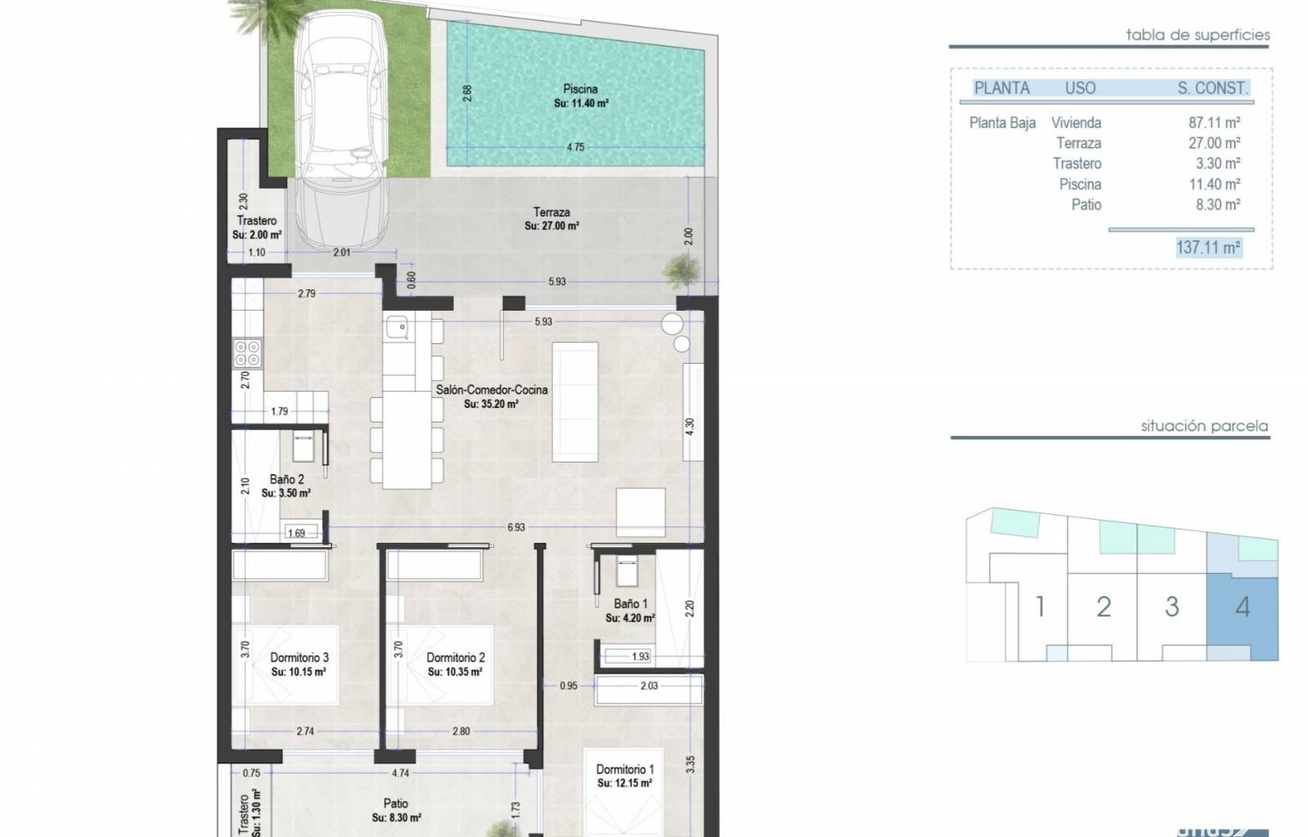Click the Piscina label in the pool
pos(580,89)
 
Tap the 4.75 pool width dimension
pos(576,147)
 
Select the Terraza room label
pos(551,213)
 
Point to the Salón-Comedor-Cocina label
pos(491,390)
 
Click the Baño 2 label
pos(287,479)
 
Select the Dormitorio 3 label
pos(299,658)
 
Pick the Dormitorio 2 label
pos(455,658)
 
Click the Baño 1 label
pos(630,604)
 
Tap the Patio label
pos(396,803)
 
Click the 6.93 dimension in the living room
pos(516,528)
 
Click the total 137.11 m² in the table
pos(1208,248)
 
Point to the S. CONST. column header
pos(1213,88)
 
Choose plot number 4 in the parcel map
pos(1243,607)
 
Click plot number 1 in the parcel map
pos(1040,607)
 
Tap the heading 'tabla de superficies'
pos(1198,35)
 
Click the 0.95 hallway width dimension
pos(569,686)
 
